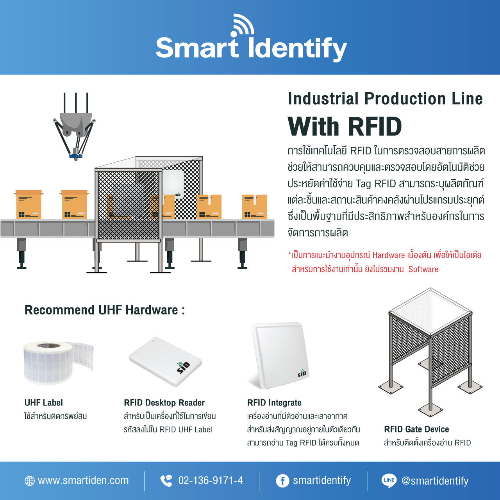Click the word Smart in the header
point(196,48)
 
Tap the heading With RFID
point(345,126)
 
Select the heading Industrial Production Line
point(385,99)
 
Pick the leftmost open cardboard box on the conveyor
point(29,204)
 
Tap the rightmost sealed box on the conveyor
point(254,207)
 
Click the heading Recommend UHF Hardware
point(105,310)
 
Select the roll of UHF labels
point(58,363)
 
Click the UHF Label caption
point(44,402)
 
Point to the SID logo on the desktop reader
point(183,368)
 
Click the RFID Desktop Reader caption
point(164,402)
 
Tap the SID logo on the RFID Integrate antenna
point(302,373)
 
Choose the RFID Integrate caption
point(274,402)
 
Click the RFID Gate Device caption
point(416,429)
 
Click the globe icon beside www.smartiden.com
point(30,480)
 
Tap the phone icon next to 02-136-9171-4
point(166,480)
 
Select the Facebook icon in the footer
point(282,481)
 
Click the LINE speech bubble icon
point(389,480)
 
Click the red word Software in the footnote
point(423,269)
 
